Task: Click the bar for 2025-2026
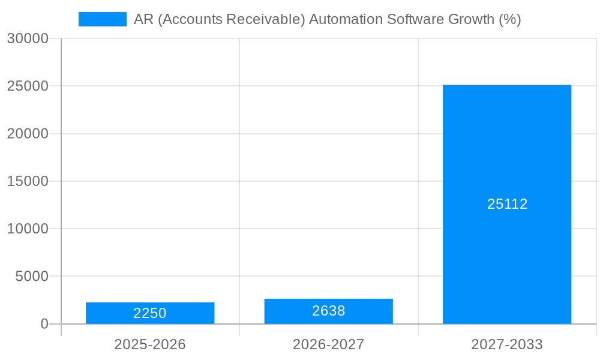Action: (x=150, y=306)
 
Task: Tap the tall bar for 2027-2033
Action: (x=507, y=150)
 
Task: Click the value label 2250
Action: (x=150, y=313)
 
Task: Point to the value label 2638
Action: (x=328, y=311)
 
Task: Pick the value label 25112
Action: (x=507, y=204)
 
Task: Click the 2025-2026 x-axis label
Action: (x=150, y=344)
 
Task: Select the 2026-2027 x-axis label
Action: (x=328, y=344)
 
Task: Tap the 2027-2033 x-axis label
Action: (x=507, y=344)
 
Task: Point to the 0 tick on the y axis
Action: (x=44, y=324)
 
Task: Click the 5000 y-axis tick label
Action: (x=32, y=277)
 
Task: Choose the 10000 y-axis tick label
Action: (x=28, y=229)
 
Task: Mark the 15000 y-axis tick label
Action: (x=28, y=181)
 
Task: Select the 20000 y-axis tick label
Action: (x=28, y=134)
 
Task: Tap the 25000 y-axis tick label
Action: (x=28, y=86)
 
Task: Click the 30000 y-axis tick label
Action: (x=28, y=38)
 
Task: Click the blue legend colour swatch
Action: (x=103, y=19)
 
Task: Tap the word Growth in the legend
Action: (x=471, y=19)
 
